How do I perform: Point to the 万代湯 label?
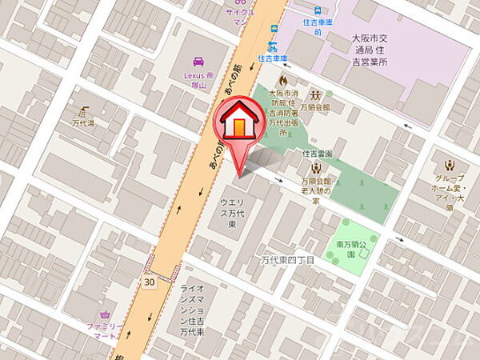pyautogui.click(x=82, y=124)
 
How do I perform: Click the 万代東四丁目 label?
pyautogui.click(x=288, y=260)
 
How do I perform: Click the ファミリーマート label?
pyautogui.click(x=105, y=331)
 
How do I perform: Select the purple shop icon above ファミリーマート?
pyautogui.click(x=105, y=314)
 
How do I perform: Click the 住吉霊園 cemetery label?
pyautogui.click(x=318, y=152)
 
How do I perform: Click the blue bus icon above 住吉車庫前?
pyautogui.click(x=318, y=10)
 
